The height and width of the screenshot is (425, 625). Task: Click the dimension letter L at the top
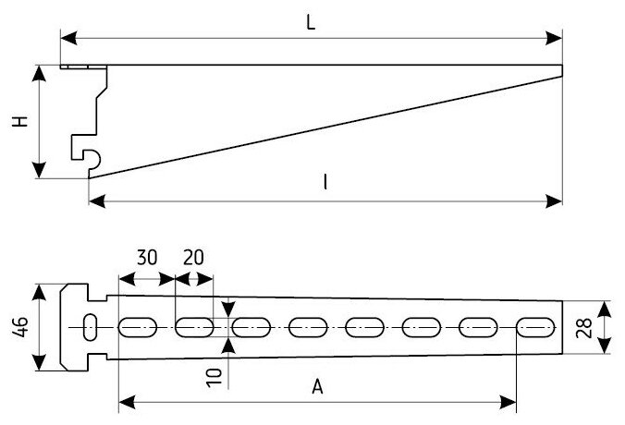pos(312,24)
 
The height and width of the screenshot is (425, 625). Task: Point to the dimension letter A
pos(316,388)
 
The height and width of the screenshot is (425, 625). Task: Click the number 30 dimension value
pos(146,259)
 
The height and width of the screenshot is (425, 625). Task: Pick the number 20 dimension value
pos(194,259)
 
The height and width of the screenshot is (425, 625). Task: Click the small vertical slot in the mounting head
pos(91,326)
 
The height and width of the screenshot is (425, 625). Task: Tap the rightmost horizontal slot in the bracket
pos(535,326)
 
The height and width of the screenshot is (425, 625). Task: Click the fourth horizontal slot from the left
pos(308,326)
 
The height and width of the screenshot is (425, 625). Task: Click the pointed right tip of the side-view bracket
pos(560,67)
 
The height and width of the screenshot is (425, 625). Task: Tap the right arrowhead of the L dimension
pos(558,39)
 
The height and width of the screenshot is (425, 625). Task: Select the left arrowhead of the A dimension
pos(124,403)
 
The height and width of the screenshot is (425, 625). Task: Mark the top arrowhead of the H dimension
pos(40,71)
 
